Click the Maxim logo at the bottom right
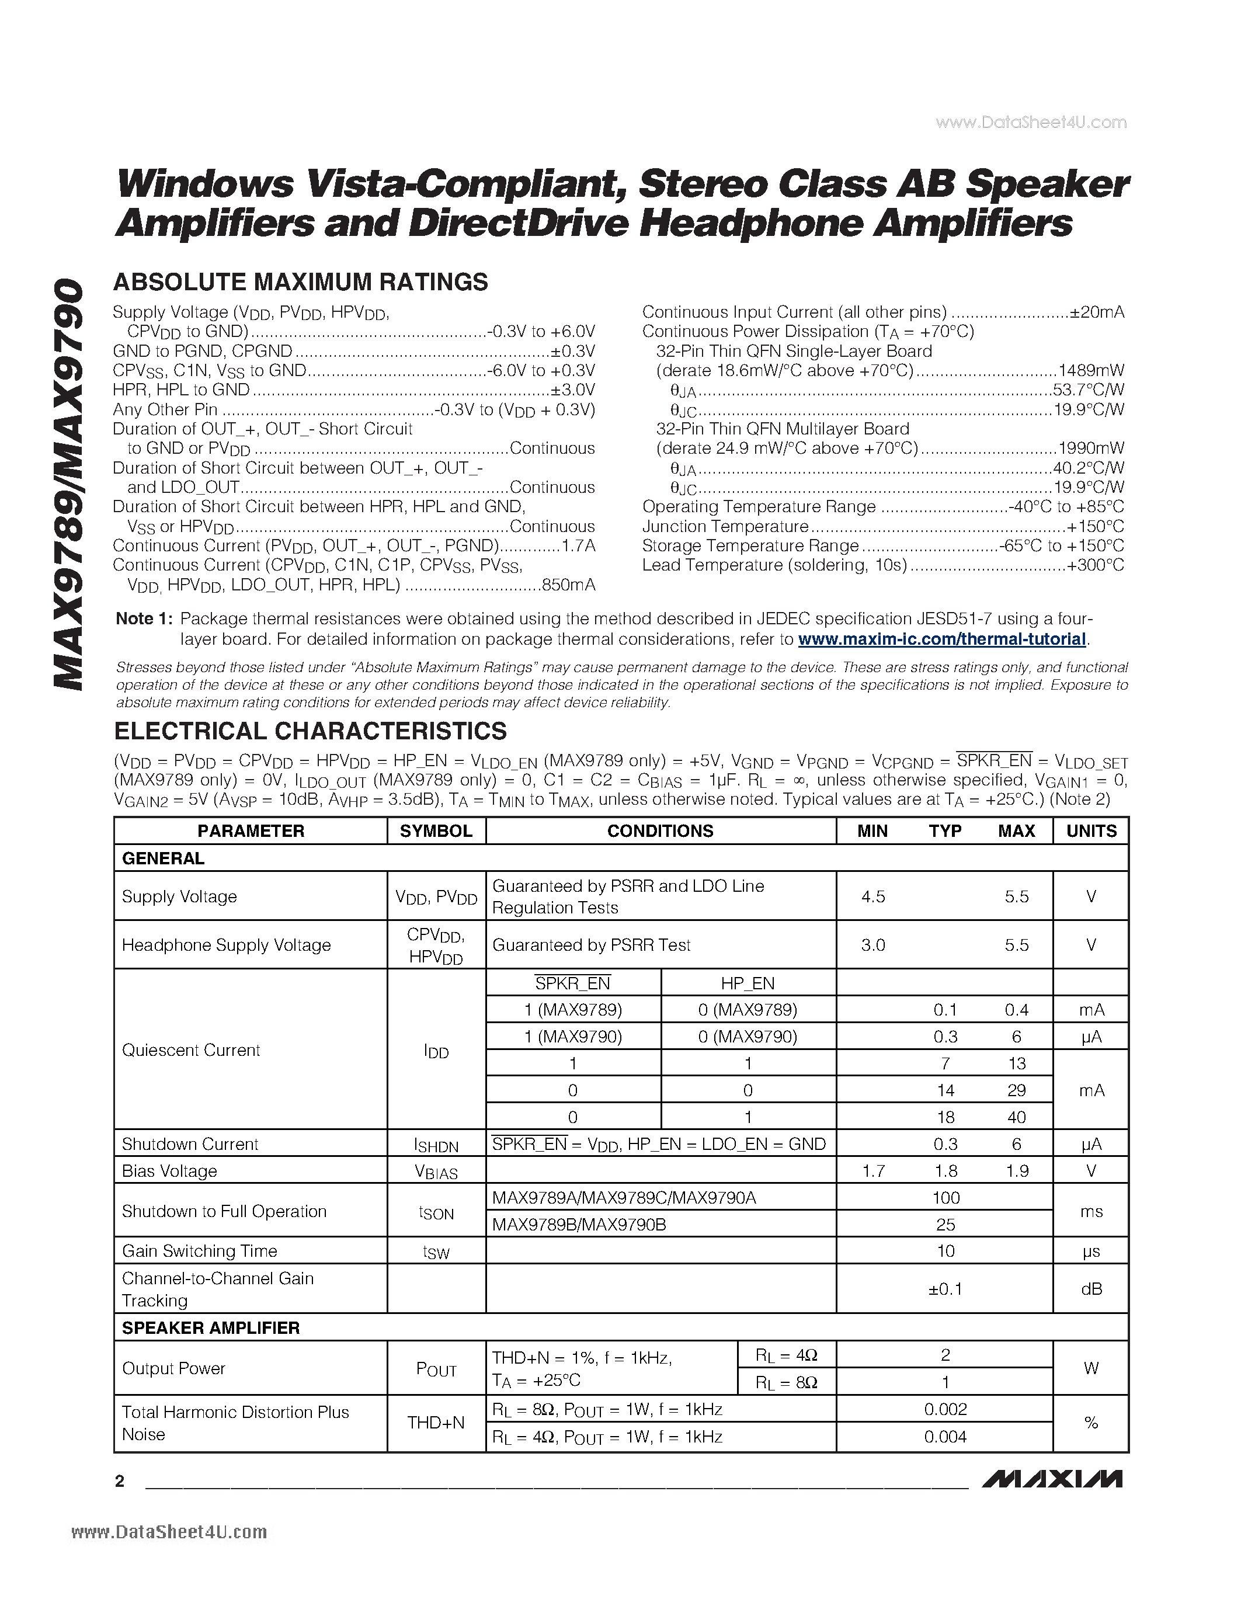click(x=1052, y=1479)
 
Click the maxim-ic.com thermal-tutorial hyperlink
click(x=942, y=639)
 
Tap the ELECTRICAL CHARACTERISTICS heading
click(x=310, y=731)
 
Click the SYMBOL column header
click(x=436, y=831)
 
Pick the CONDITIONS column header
click(x=660, y=831)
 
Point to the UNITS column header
click(x=1091, y=831)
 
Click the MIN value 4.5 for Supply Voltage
click(x=872, y=896)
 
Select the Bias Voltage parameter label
click(x=169, y=1171)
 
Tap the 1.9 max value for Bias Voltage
click(x=1017, y=1171)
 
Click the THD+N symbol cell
click(x=436, y=1423)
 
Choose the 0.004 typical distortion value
click(x=945, y=1437)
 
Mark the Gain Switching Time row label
click(x=199, y=1251)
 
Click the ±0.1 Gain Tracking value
click(x=945, y=1288)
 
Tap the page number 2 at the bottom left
click(x=120, y=1481)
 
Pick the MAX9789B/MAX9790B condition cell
click(x=579, y=1224)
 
